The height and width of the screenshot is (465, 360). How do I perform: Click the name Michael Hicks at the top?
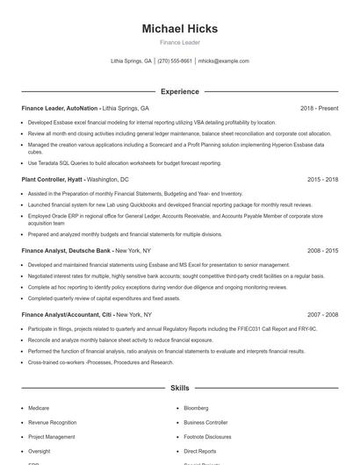point(179,29)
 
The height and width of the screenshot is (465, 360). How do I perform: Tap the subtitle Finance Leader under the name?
point(179,42)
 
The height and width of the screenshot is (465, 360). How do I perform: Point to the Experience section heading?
point(179,91)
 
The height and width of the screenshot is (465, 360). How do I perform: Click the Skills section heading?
point(179,387)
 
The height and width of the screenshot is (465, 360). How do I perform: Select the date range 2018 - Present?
point(319,108)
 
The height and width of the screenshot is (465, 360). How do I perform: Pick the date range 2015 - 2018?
point(322,179)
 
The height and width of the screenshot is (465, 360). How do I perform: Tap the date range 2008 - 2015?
point(322,250)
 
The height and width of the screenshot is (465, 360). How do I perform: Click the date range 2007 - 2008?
point(322,313)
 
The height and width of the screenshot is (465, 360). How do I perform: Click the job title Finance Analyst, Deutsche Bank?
point(67,250)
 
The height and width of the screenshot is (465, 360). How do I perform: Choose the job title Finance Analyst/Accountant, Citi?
point(68,313)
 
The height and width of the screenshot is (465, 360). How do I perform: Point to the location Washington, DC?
point(108,179)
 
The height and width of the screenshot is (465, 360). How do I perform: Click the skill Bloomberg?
point(197,408)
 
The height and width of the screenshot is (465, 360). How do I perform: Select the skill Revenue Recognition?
point(52,422)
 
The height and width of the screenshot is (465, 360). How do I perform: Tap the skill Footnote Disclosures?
point(207,436)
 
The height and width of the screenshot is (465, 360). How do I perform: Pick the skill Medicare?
point(39,408)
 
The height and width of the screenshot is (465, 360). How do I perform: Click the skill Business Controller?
point(205,422)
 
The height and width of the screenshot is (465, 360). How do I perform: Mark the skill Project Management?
point(51,436)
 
